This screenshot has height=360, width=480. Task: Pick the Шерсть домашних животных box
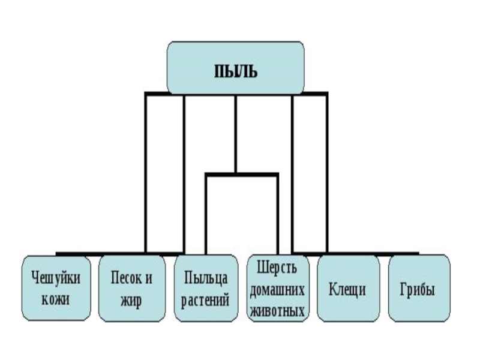[278, 289]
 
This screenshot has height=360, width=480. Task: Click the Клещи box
[348, 288]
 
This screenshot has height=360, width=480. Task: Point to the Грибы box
[418, 288]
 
